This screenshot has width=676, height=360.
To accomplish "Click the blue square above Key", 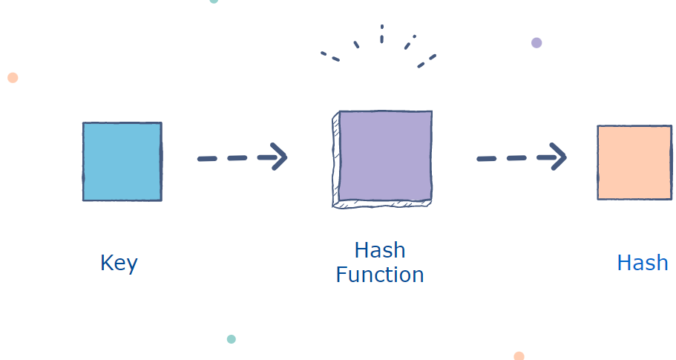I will click(x=122, y=162).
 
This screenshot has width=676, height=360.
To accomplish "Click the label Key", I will click(x=119, y=264).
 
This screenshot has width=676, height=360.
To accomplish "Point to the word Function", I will click(x=379, y=275).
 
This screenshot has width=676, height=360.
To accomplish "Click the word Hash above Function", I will click(x=379, y=250).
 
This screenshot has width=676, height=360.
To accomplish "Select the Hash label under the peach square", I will click(x=642, y=263).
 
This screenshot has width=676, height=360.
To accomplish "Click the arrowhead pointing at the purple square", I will click(x=280, y=157).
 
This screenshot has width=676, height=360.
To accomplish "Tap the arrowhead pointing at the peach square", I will click(x=559, y=157).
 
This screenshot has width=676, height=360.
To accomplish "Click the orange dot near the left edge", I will click(x=13, y=77).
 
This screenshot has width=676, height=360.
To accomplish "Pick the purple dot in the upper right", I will click(x=536, y=42).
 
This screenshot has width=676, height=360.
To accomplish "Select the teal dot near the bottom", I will click(x=232, y=339).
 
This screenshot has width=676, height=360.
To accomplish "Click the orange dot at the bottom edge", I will click(x=519, y=356).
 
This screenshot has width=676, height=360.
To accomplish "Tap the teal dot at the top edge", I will click(x=214, y=1).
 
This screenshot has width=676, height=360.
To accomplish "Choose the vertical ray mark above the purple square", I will click(x=381, y=33).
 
